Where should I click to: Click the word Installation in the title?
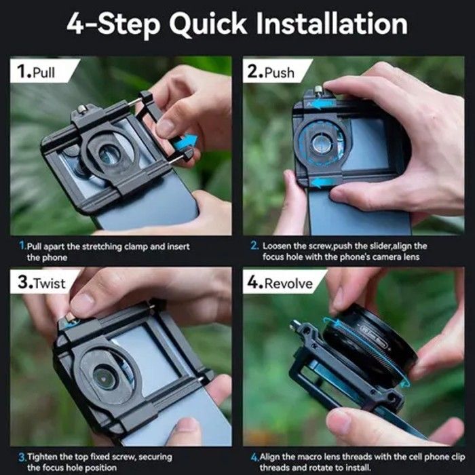pyautogui.click(x=332, y=24)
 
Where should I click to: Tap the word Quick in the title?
pyautogui.click(x=208, y=24)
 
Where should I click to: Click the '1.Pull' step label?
pyautogui.click(x=37, y=72)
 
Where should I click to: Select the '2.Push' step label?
pyautogui.click(x=271, y=72)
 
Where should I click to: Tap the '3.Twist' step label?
pyautogui.click(x=41, y=283)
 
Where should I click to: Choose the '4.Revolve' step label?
pyautogui.click(x=280, y=283)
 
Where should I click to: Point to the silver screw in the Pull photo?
pyautogui.click(x=82, y=109)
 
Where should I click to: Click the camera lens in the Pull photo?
pyautogui.click(x=109, y=155)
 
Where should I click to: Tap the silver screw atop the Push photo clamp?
pyautogui.click(x=318, y=90)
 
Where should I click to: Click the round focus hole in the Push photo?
pyautogui.click(x=320, y=143)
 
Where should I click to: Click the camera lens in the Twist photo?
pyautogui.click(x=104, y=378)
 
